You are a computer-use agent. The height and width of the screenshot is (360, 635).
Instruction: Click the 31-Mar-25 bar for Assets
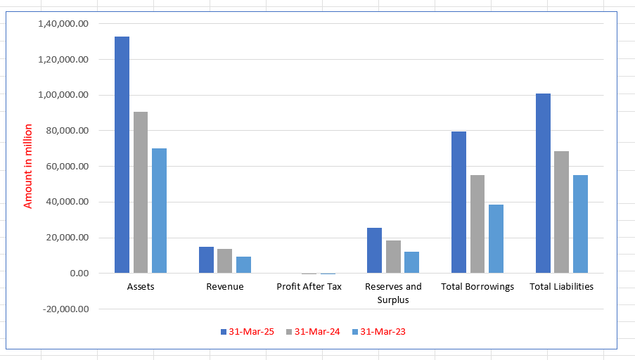pos(122,155)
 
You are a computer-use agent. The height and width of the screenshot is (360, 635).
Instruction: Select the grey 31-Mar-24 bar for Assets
pos(141,192)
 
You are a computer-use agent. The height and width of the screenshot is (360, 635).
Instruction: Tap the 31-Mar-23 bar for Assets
pos(159,210)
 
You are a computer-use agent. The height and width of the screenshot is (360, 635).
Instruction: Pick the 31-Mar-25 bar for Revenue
pos(206,259)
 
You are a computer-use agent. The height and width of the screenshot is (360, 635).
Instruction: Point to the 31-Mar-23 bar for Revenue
pos(243,264)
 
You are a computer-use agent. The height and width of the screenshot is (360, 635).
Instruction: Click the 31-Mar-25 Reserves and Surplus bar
pos(375,250)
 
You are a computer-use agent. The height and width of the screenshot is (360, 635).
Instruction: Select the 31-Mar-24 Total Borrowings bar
pos(477,224)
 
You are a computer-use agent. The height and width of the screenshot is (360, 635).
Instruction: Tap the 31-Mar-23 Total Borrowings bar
pos(496,238)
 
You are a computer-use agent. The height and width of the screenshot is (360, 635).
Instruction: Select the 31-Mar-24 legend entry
pos(312,332)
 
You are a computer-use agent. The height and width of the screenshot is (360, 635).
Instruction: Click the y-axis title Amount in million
pos(29,166)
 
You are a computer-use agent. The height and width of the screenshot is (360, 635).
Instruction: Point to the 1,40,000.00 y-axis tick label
pos(65,23)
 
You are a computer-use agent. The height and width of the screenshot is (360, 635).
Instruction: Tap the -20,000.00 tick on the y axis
pos(65,309)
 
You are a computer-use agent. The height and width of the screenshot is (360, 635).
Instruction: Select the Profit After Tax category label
pos(309,286)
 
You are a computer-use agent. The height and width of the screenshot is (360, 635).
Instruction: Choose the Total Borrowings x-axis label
pos(477,286)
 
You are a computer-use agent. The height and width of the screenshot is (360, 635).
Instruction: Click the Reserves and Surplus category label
pos(393,292)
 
